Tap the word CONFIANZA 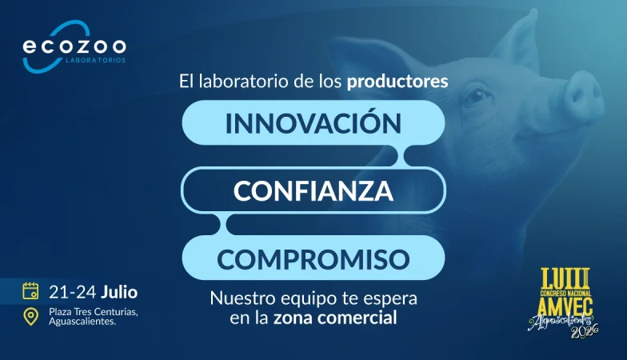[313, 190]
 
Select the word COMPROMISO [313, 259]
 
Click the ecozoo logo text [74, 46]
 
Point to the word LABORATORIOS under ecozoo [95, 61]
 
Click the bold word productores [397, 82]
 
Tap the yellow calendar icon [30, 291]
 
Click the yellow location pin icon [30, 317]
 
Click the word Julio [119, 293]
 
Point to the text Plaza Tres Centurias [93, 312]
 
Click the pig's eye [476, 96]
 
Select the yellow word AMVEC [565, 306]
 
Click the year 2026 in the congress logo [584, 331]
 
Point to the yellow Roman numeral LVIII [565, 278]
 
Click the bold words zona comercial [335, 318]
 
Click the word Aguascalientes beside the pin [82, 322]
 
